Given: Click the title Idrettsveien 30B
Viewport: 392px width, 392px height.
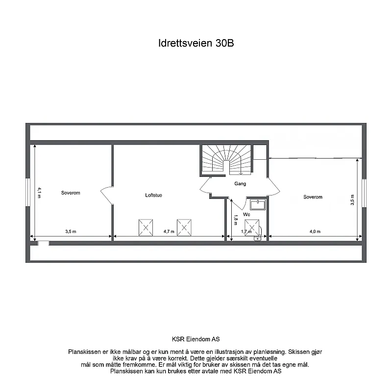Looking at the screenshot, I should click(196, 43).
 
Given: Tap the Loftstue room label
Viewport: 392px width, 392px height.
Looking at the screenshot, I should click(153, 195).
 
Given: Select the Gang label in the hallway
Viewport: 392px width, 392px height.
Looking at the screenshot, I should click(240, 184).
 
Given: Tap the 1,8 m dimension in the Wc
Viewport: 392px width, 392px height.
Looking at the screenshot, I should click(236, 219).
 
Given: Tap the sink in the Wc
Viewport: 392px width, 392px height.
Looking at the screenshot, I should click(257, 204).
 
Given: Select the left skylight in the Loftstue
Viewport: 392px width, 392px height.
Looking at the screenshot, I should click(146, 227).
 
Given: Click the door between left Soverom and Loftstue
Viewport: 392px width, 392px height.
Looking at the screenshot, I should click(107, 195).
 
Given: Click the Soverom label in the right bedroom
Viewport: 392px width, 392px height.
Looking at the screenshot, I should click(313, 197).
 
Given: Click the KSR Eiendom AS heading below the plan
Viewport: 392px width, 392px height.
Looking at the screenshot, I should click(196, 339).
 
